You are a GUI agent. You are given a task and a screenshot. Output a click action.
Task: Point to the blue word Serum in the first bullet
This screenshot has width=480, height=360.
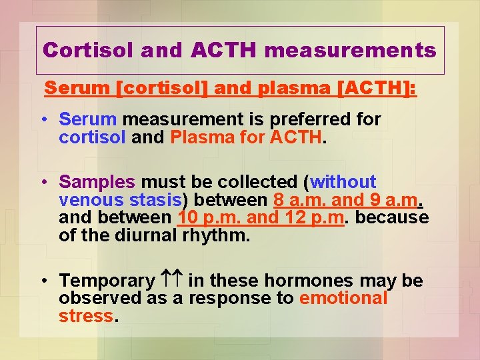click(88, 120)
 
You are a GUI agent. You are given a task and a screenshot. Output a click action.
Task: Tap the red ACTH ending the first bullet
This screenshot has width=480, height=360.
click(295, 137)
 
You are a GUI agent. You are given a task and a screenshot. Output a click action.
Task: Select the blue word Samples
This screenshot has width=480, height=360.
click(97, 182)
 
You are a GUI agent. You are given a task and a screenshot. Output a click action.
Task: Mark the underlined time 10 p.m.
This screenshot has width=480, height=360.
click(211, 218)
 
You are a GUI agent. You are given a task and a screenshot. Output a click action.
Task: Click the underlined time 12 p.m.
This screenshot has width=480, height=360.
click(313, 218)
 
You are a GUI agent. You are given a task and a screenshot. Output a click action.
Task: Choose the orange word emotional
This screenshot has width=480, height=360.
click(343, 299)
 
